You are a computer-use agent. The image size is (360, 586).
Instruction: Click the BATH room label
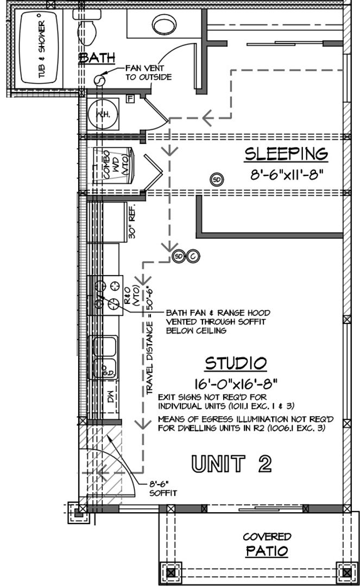[x=97, y=58]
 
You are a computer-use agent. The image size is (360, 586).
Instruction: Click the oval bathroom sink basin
[x=163, y=24]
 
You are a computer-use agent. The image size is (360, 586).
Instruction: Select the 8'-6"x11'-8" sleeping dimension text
[x=286, y=176]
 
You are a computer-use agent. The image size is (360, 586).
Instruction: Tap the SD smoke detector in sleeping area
[x=217, y=179]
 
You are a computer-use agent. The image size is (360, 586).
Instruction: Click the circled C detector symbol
[x=193, y=256]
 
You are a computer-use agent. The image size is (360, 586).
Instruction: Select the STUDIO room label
[x=235, y=362]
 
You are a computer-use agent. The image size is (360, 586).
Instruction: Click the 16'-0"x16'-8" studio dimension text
[x=235, y=384]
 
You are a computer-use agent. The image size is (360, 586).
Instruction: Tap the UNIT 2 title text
[x=231, y=463]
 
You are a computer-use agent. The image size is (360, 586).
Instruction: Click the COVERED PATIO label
[x=267, y=544]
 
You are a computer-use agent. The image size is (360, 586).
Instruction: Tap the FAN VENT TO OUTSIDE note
[x=148, y=73]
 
